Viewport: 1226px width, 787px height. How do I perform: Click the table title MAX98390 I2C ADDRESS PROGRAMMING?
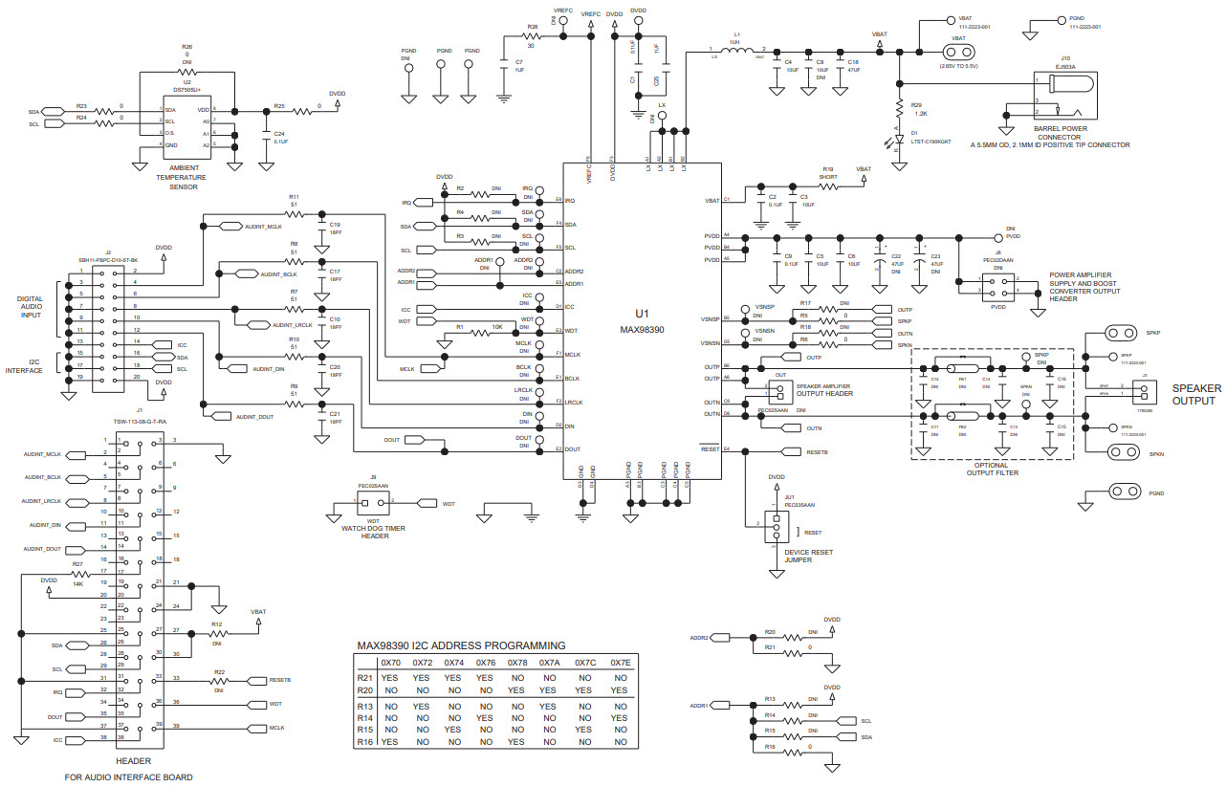(461, 645)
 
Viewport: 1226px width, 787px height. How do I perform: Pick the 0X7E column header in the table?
(621, 663)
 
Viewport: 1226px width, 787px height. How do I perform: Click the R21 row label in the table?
(364, 677)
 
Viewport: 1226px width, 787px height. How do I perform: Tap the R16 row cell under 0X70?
(390, 742)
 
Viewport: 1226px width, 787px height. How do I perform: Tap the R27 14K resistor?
(78, 574)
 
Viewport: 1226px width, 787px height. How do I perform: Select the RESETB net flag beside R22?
(256, 680)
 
